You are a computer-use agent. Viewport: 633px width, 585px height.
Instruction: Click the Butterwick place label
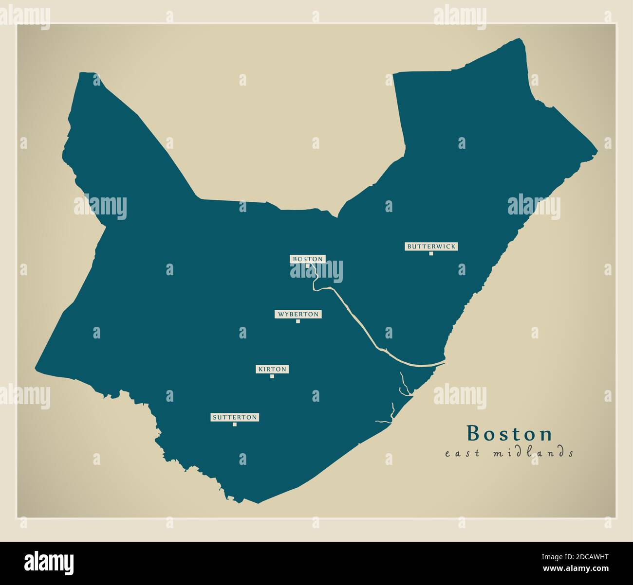pos(431,247)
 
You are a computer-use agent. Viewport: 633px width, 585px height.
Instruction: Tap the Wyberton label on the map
pos(298,314)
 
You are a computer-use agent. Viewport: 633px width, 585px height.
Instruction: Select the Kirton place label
pos(272,370)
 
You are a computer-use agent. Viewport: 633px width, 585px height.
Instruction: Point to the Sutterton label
pos(235,417)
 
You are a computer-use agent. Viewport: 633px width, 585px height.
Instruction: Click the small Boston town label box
pos(307,259)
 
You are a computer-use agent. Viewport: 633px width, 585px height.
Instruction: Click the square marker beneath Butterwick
pos(431,253)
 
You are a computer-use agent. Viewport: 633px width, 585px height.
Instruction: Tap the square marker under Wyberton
pos(298,321)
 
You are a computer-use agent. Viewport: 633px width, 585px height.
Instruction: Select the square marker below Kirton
pos(272,376)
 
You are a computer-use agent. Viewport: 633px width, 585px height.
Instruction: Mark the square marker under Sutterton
pos(235,424)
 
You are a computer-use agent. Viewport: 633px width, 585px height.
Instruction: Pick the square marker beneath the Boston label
pos(307,266)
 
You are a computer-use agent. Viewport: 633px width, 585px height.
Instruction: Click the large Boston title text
pos(509,433)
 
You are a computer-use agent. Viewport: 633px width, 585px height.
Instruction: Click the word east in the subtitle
pos(462,454)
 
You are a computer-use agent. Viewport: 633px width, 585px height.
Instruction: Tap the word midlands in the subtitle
pos(533,453)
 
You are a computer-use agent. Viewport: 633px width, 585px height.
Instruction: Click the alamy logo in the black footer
pos(49,562)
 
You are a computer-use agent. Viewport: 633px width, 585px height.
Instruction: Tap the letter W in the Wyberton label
pos(280,314)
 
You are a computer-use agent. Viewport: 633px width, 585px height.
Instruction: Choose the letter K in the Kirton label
pos(261,370)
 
